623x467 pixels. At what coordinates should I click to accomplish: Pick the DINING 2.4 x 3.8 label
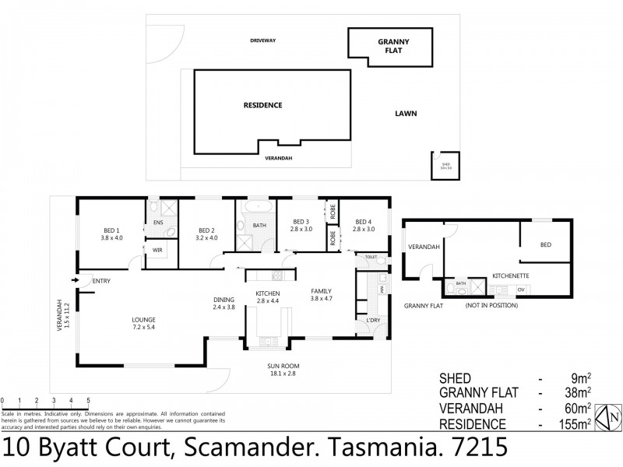[224, 302]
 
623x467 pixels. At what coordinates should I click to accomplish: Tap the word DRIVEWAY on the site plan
[264, 40]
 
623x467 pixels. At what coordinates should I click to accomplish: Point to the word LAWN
[405, 114]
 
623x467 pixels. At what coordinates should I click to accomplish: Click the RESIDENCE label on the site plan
[262, 105]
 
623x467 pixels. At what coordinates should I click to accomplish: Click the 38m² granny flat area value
[576, 392]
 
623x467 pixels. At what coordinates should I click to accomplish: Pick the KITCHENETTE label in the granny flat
[511, 276]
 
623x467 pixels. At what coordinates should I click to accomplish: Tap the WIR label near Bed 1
[157, 250]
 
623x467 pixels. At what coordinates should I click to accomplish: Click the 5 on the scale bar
[88, 402]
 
